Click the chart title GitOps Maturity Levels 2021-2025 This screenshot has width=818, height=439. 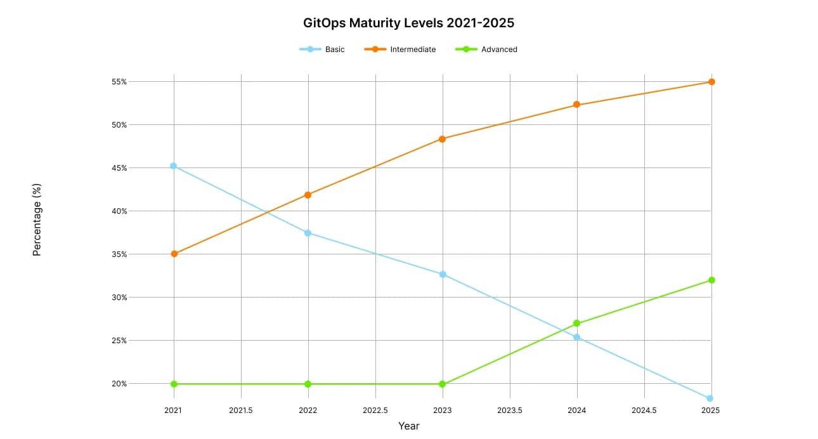tap(409, 23)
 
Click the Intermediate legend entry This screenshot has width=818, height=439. tap(400, 49)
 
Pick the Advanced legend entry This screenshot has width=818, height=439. tap(486, 49)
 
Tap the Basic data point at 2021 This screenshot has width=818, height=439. tap(174, 166)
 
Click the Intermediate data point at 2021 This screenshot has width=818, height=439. tap(174, 254)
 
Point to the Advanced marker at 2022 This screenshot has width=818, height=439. tap(308, 384)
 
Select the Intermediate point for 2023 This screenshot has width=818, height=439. tap(443, 139)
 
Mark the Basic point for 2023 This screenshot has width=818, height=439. tap(443, 274)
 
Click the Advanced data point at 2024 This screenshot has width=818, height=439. tap(576, 324)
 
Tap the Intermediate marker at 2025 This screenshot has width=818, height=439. tap(711, 82)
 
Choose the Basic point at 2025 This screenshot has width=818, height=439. tap(710, 398)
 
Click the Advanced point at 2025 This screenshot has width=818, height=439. tap(711, 280)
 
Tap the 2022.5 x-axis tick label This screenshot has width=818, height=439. tap(375, 410)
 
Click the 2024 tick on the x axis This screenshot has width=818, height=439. tap(577, 410)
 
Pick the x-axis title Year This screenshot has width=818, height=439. tap(409, 426)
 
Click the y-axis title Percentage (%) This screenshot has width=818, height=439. tap(37, 219)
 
